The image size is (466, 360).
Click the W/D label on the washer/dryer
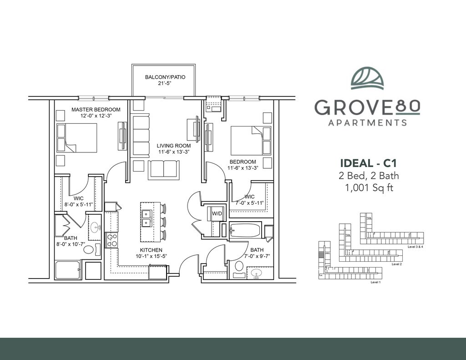217,213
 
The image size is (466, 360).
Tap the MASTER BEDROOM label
96,110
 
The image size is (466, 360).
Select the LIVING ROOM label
174,146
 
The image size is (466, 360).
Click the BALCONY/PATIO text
165,77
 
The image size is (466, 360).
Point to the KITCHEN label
151,250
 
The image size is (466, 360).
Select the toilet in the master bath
91,249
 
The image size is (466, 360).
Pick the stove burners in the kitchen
112,240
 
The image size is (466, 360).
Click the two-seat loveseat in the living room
164,170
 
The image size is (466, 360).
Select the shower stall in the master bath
68,270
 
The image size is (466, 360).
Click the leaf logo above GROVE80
367,78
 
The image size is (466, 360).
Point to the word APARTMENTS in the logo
367,122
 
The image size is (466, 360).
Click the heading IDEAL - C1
368,163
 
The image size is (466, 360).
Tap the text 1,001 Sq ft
369,188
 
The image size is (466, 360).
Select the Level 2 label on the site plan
397,264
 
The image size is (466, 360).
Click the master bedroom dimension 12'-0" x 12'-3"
96,116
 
